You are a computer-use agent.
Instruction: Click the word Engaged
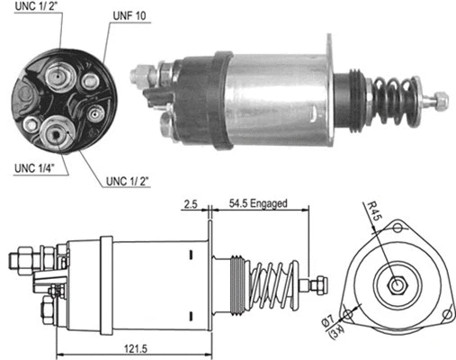click(268, 204)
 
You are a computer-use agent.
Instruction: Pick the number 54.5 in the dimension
click(237, 204)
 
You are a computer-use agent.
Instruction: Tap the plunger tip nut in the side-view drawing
click(316, 285)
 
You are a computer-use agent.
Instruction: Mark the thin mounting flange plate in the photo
click(334, 90)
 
